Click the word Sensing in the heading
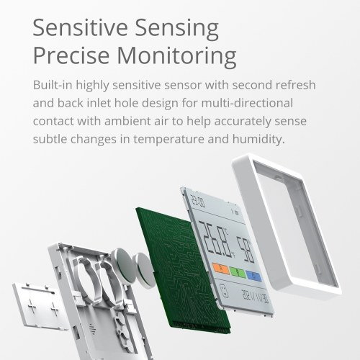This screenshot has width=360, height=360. (176, 29)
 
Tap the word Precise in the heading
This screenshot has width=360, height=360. (71, 55)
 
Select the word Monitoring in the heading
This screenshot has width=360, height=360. (176, 57)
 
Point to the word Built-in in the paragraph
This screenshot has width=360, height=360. (53, 85)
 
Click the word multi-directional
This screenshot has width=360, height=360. (247, 103)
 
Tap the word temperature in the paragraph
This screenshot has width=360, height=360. (168, 139)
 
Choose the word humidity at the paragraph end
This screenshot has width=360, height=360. (258, 139)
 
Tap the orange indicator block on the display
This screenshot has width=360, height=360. (221, 268)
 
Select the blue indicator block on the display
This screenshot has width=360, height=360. (254, 276)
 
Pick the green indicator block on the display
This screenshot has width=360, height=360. (238, 272)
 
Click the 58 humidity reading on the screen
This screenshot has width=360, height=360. (246, 249)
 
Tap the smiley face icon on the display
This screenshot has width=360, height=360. (224, 289)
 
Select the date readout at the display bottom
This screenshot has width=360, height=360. (255, 297)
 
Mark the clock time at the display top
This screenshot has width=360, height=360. (197, 200)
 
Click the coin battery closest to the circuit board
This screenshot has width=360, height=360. (143, 270)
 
